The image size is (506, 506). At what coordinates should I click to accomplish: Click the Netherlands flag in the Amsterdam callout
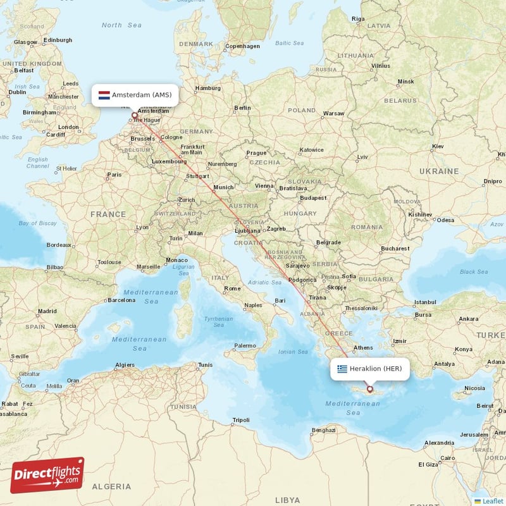point(104,95)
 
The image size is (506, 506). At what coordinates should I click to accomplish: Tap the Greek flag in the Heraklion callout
point(342,369)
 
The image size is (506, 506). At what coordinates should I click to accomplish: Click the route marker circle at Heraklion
point(370,390)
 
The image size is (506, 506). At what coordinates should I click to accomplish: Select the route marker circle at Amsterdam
point(134,116)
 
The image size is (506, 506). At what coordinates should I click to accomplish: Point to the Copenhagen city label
point(243,46)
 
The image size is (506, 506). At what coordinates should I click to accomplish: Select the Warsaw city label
point(333,114)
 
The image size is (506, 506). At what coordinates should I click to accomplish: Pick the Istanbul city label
point(425,302)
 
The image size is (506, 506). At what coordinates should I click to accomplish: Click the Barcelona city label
point(121,300)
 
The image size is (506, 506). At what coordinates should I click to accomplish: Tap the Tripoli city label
point(241,420)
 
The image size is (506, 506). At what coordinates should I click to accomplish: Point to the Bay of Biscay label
point(37,223)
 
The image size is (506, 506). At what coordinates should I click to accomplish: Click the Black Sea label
point(474,272)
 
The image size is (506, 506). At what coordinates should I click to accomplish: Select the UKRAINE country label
point(439,171)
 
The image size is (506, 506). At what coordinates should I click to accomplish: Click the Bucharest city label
point(395,249)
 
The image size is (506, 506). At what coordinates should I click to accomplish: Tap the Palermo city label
point(245,345)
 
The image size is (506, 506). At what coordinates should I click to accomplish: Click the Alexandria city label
point(439,443)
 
